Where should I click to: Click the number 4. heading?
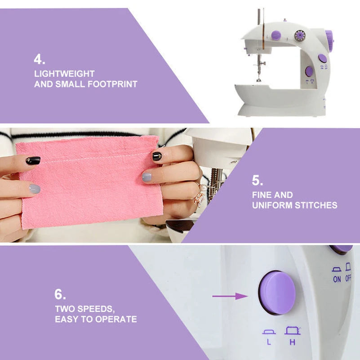tap(40, 60)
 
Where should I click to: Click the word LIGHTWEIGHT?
tap(64, 74)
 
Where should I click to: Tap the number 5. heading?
tap(258, 181)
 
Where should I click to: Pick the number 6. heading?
tap(60, 295)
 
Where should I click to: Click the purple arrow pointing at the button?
tap(230, 296)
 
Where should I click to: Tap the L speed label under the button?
tap(269, 342)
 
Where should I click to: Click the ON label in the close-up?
tap(337, 279)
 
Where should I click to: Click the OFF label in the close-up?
tap(348, 279)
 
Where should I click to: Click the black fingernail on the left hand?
tap(33, 160)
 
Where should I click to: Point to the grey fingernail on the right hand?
tap(147, 177)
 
